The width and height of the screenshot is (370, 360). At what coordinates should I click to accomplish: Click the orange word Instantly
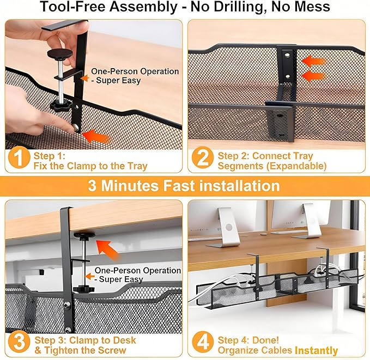point(316,351)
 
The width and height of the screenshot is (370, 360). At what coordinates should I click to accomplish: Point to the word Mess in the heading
point(311,7)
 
